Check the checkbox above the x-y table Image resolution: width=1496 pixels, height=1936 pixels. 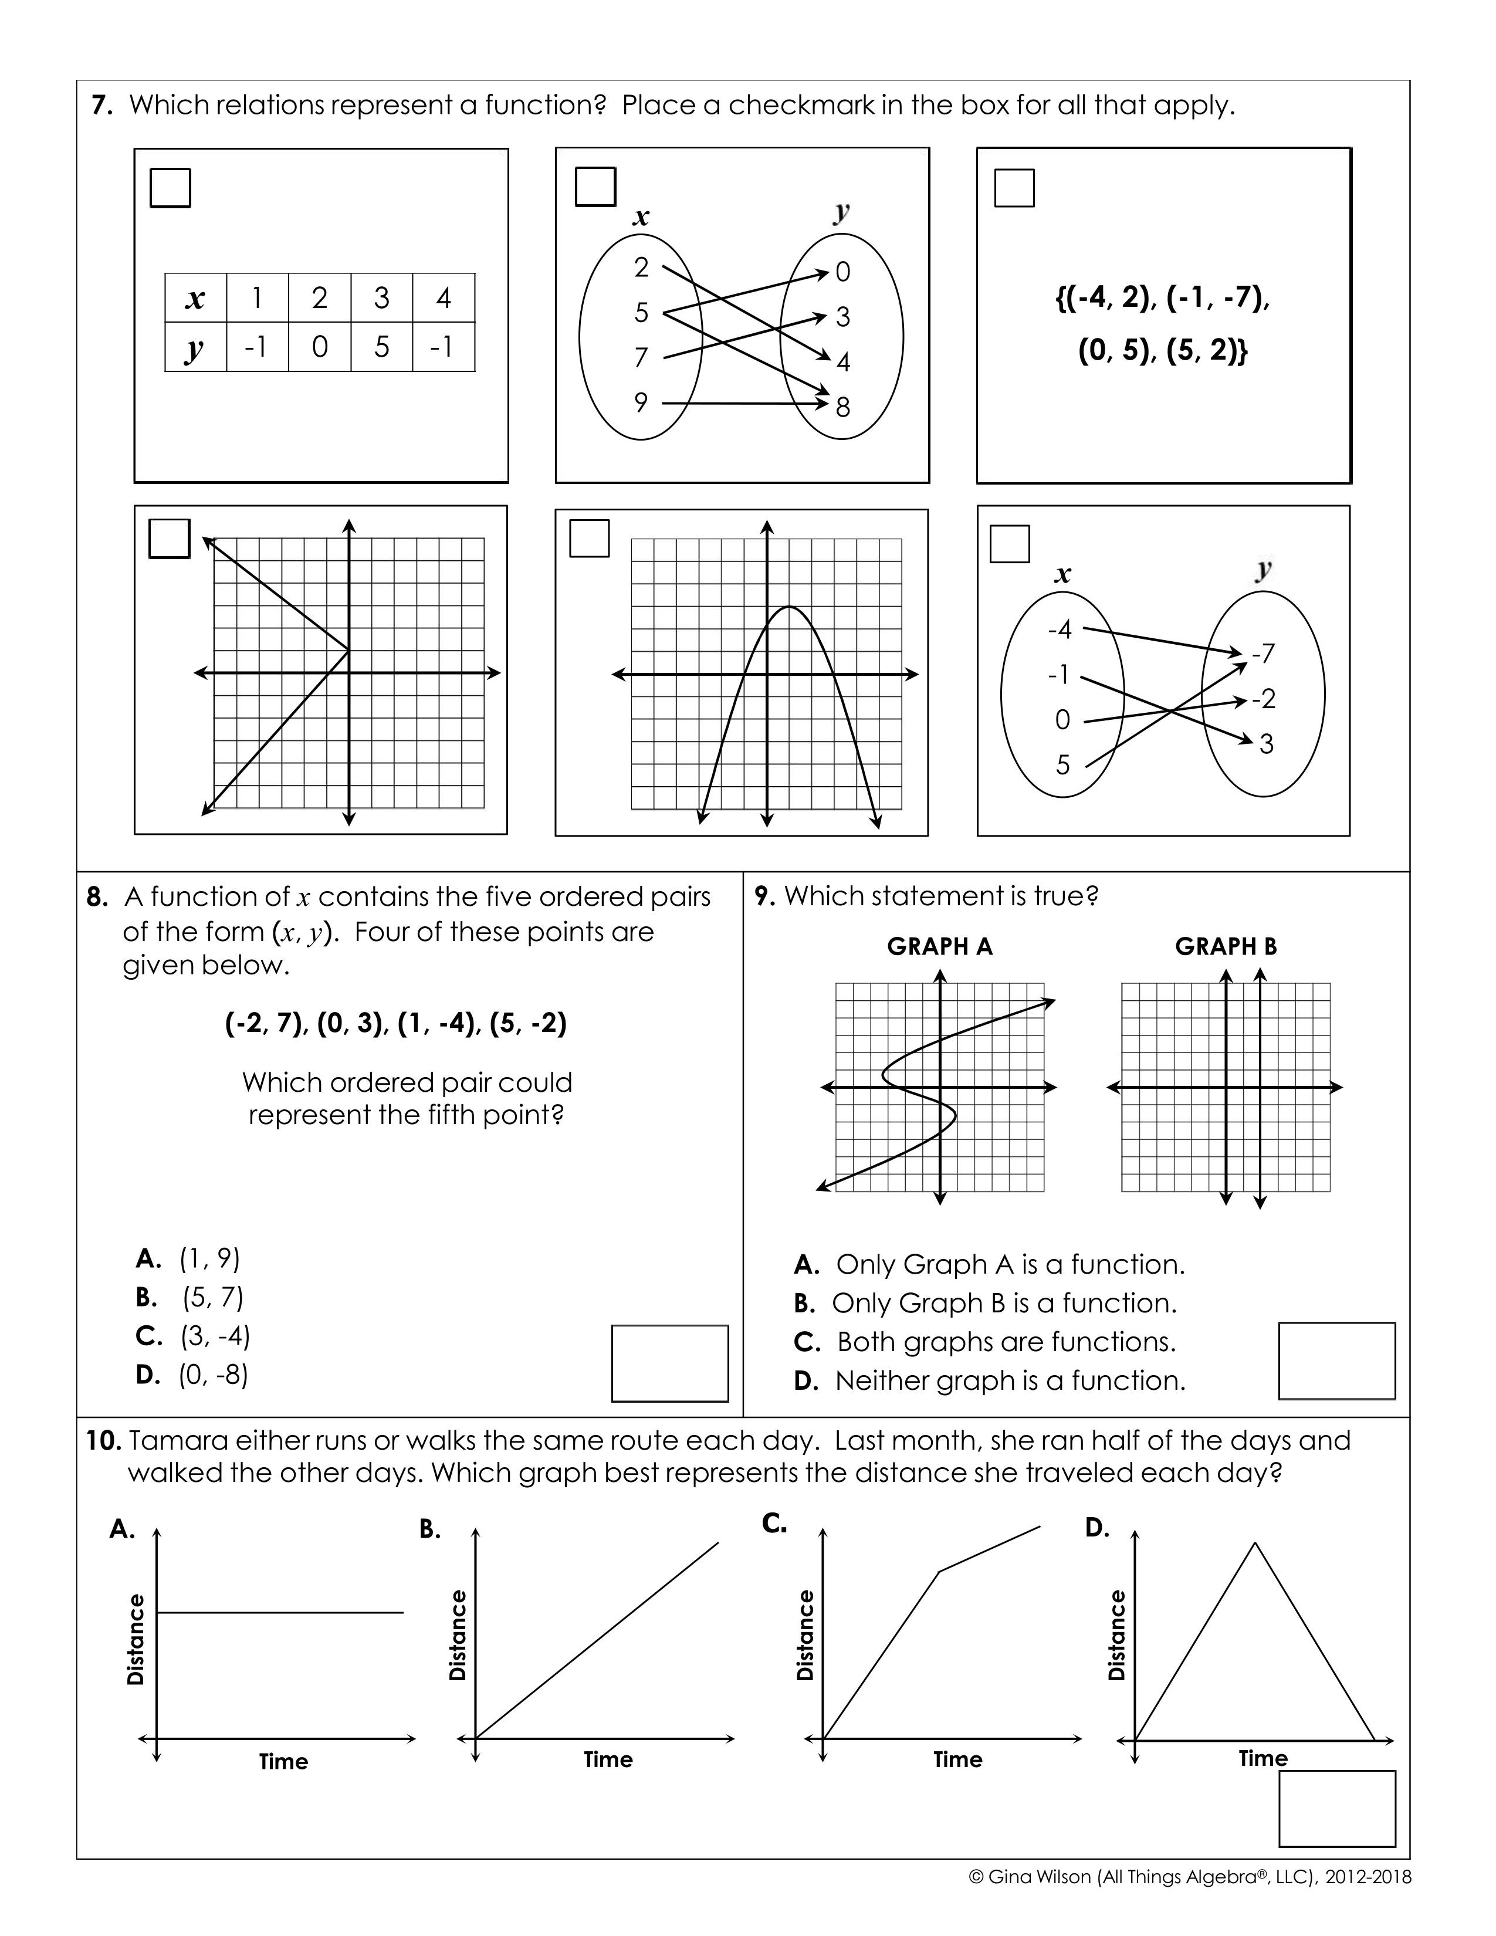pyautogui.click(x=170, y=188)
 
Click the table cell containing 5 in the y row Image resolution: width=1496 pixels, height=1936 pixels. pyautogui.click(x=381, y=347)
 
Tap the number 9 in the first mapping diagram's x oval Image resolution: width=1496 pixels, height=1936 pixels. pyautogui.click(x=641, y=402)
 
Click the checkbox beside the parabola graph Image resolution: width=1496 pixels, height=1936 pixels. pyautogui.click(x=590, y=538)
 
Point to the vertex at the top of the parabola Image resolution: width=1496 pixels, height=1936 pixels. pyautogui.click(x=788, y=607)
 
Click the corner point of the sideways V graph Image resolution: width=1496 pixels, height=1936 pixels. pyautogui.click(x=349, y=651)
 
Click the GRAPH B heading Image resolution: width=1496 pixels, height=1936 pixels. pyautogui.click(x=1226, y=947)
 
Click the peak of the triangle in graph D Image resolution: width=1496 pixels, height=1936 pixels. pyautogui.click(x=1255, y=1544)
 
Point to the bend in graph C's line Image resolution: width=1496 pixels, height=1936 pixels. pyautogui.click(x=939, y=1572)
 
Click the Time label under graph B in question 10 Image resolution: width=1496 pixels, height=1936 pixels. pyautogui.click(x=608, y=1759)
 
